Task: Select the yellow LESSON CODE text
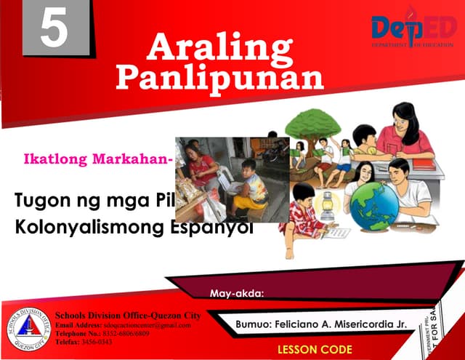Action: (315, 349)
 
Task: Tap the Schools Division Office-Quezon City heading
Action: (129, 316)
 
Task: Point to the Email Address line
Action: (124, 325)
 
